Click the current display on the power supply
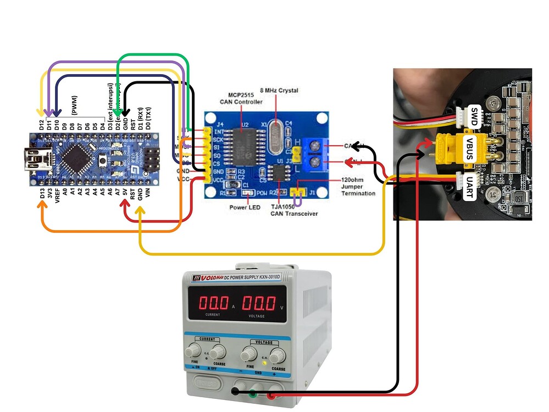pyautogui.click(x=214, y=303)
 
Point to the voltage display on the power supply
pyautogui.click(x=260, y=303)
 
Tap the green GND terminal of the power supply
pyautogui.click(x=253, y=393)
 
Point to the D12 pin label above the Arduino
pyautogui.click(x=42, y=124)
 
